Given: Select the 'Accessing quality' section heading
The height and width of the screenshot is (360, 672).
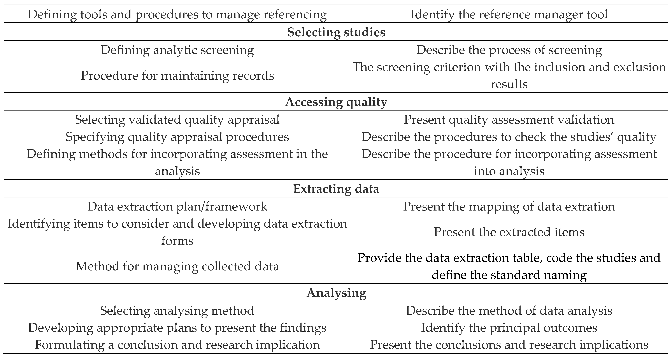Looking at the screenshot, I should point(336,102).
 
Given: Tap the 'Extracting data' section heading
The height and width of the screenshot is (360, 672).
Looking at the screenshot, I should point(336,189).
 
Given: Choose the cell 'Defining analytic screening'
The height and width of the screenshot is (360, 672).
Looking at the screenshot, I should point(177,50).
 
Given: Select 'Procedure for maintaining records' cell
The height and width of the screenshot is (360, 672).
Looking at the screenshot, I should point(177,76).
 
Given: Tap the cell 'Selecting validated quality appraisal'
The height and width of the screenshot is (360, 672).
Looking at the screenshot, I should point(177,119).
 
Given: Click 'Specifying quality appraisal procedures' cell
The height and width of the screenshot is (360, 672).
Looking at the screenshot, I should point(177,137).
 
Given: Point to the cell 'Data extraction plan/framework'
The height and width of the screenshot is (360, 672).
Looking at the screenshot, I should point(177,206).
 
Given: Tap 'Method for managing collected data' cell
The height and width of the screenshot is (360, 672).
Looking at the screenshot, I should point(177,266).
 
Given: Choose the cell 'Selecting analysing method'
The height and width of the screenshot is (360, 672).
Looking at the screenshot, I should point(177,310).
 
